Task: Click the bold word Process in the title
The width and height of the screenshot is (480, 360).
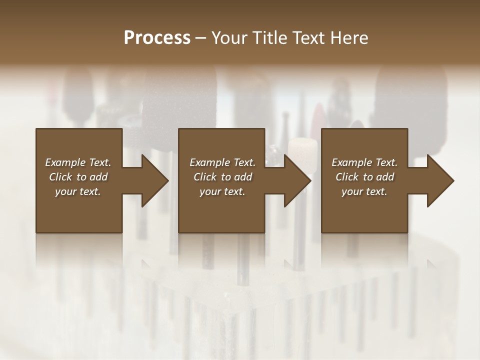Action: click(x=157, y=38)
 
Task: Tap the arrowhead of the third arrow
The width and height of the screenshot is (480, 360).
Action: click(x=439, y=180)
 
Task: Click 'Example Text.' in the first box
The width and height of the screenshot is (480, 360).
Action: click(x=78, y=162)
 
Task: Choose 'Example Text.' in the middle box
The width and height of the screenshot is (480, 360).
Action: click(x=222, y=162)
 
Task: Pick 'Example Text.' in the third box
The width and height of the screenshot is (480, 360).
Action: click(x=364, y=162)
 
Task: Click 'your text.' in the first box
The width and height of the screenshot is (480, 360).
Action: click(x=78, y=191)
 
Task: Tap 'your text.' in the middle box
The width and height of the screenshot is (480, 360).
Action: click(x=222, y=191)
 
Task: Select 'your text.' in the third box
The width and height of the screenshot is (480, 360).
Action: click(x=364, y=191)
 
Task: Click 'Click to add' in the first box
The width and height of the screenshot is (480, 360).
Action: click(x=78, y=177)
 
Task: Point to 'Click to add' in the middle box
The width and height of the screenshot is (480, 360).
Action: click(x=222, y=177)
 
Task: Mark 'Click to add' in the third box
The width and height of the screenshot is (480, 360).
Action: click(x=364, y=177)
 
